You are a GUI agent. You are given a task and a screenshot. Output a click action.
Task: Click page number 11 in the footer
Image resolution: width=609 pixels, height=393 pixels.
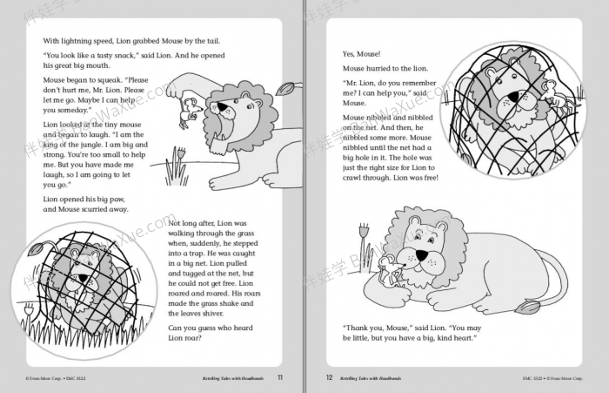pyautogui.click(x=279, y=377)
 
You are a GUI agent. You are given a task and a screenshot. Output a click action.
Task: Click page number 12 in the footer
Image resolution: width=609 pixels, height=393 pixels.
pyautogui.click(x=330, y=377)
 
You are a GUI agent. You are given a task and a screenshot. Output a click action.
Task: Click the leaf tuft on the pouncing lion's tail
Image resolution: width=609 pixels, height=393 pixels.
pyautogui.click(x=284, y=88)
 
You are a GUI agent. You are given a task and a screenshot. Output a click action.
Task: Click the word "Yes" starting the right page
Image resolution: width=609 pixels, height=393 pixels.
pyautogui.click(x=350, y=52)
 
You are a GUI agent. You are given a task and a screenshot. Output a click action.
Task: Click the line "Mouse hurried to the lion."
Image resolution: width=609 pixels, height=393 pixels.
pyautogui.click(x=385, y=67)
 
